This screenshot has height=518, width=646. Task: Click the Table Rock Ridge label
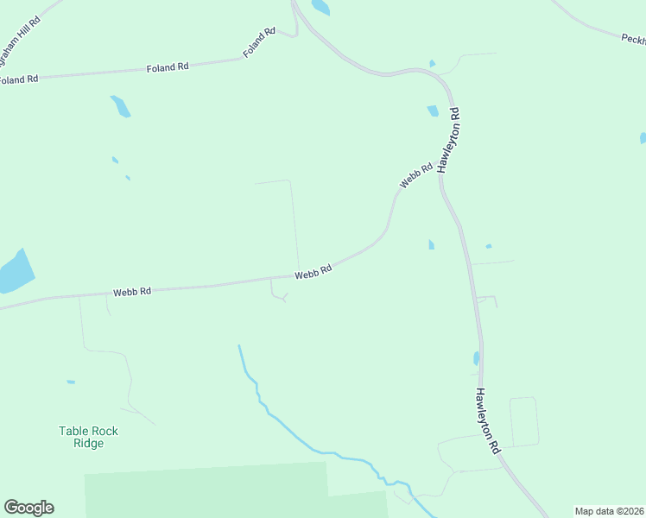(x=88, y=437)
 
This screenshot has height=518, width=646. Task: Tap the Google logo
(x=28, y=508)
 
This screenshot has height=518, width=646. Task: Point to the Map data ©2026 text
(x=610, y=511)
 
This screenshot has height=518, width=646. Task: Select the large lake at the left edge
(x=15, y=272)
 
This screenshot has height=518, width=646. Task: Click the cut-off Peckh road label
(x=633, y=39)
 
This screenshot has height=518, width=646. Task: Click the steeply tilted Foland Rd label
(x=259, y=43)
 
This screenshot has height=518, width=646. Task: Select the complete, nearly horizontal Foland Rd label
(x=168, y=66)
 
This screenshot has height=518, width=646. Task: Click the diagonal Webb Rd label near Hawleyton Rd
(x=415, y=176)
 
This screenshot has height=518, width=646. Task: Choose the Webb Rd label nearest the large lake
(x=132, y=292)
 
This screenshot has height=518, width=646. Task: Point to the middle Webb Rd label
(x=313, y=272)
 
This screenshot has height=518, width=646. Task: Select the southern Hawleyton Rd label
(x=487, y=420)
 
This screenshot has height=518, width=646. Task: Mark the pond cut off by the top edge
(x=320, y=7)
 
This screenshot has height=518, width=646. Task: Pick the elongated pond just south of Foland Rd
(x=120, y=106)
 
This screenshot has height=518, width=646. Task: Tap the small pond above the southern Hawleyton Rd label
(x=476, y=358)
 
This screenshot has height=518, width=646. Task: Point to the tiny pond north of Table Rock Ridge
(x=71, y=382)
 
